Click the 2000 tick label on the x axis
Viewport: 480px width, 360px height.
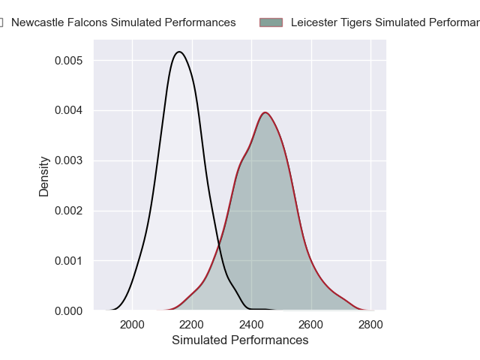tap(132, 325)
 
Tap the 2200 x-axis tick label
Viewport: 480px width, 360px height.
tap(191, 325)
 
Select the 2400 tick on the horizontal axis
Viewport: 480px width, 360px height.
tap(251, 325)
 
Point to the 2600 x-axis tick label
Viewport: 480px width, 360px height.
tap(310, 325)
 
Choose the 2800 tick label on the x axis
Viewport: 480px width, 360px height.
tap(370, 325)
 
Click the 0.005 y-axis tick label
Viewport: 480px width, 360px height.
tap(69, 60)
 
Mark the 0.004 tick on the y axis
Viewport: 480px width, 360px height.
tap(69, 110)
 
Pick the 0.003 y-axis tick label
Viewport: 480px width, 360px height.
tap(69, 160)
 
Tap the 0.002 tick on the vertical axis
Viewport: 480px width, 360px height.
tap(69, 211)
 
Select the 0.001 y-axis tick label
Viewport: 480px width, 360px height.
tap(69, 261)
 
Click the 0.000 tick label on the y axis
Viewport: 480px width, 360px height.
tap(69, 310)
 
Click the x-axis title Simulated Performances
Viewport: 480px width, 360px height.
tap(240, 340)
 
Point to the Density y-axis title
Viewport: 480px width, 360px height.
tap(44, 176)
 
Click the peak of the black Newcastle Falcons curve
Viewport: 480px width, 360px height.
tap(179, 52)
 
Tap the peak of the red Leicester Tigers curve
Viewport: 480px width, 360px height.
tap(265, 112)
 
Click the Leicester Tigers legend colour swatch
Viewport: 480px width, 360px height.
tap(271, 22)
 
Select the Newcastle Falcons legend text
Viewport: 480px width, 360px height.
tap(123, 22)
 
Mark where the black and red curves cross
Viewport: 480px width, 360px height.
tap(219, 247)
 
